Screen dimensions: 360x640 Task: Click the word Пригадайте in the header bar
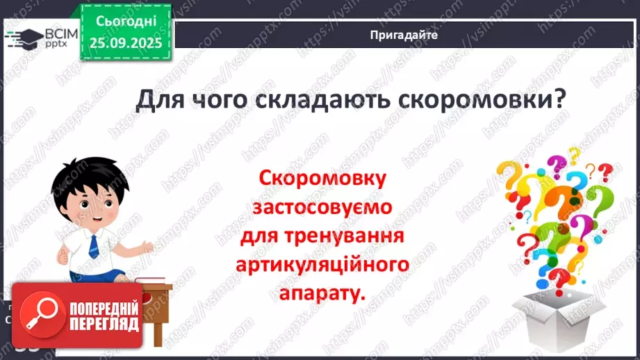click(404, 35)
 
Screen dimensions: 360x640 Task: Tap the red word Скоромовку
click(322, 179)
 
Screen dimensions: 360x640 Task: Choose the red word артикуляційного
click(322, 265)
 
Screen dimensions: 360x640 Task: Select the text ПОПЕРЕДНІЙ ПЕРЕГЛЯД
click(104, 315)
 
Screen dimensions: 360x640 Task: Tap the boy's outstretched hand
click(146, 245)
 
